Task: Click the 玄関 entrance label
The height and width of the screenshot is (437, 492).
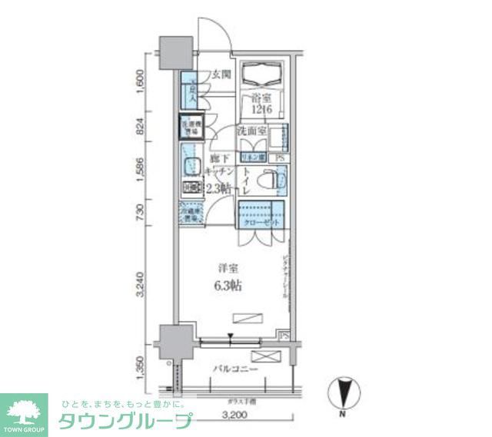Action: point(221,75)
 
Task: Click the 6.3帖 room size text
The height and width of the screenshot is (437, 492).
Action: point(228,286)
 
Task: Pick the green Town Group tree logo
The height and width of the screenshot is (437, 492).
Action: point(25,410)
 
